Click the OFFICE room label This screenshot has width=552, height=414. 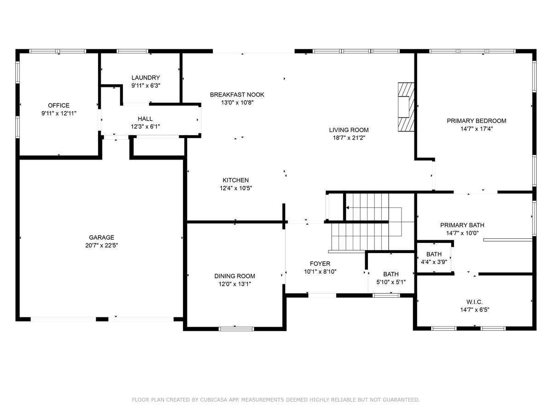[x=58, y=105]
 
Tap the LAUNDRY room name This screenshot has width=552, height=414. [x=146, y=78]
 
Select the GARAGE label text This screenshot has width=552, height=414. [x=102, y=237]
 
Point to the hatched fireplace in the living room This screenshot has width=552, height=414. [x=406, y=107]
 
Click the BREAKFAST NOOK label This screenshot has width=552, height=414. [x=237, y=95]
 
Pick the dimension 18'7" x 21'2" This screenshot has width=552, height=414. [x=349, y=138]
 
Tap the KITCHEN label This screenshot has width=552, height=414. [x=236, y=180]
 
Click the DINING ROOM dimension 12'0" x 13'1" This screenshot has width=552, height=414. [x=235, y=284]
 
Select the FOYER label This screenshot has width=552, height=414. [x=320, y=264]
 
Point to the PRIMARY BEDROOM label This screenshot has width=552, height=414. [x=476, y=121]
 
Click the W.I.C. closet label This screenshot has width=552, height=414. [x=475, y=302]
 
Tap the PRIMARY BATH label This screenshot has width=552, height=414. [x=462, y=225]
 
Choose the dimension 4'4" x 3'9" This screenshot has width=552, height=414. [x=434, y=262]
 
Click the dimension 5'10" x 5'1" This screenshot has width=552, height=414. [x=391, y=282]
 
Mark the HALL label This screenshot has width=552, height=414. [x=145, y=119]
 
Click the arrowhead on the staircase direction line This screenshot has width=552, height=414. [x=348, y=208]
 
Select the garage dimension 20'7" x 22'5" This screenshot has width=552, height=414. [x=102, y=245]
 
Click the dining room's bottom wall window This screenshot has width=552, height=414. [x=236, y=329]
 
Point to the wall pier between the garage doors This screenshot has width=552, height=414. [x=102, y=319]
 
